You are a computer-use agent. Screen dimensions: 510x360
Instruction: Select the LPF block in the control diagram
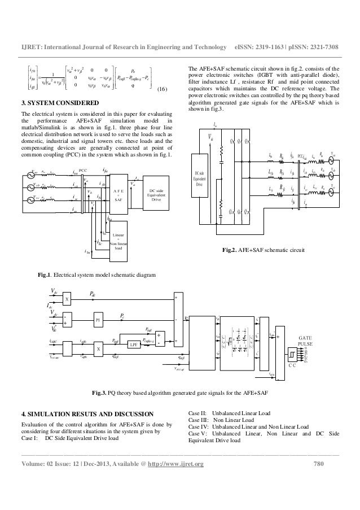[134, 343]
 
